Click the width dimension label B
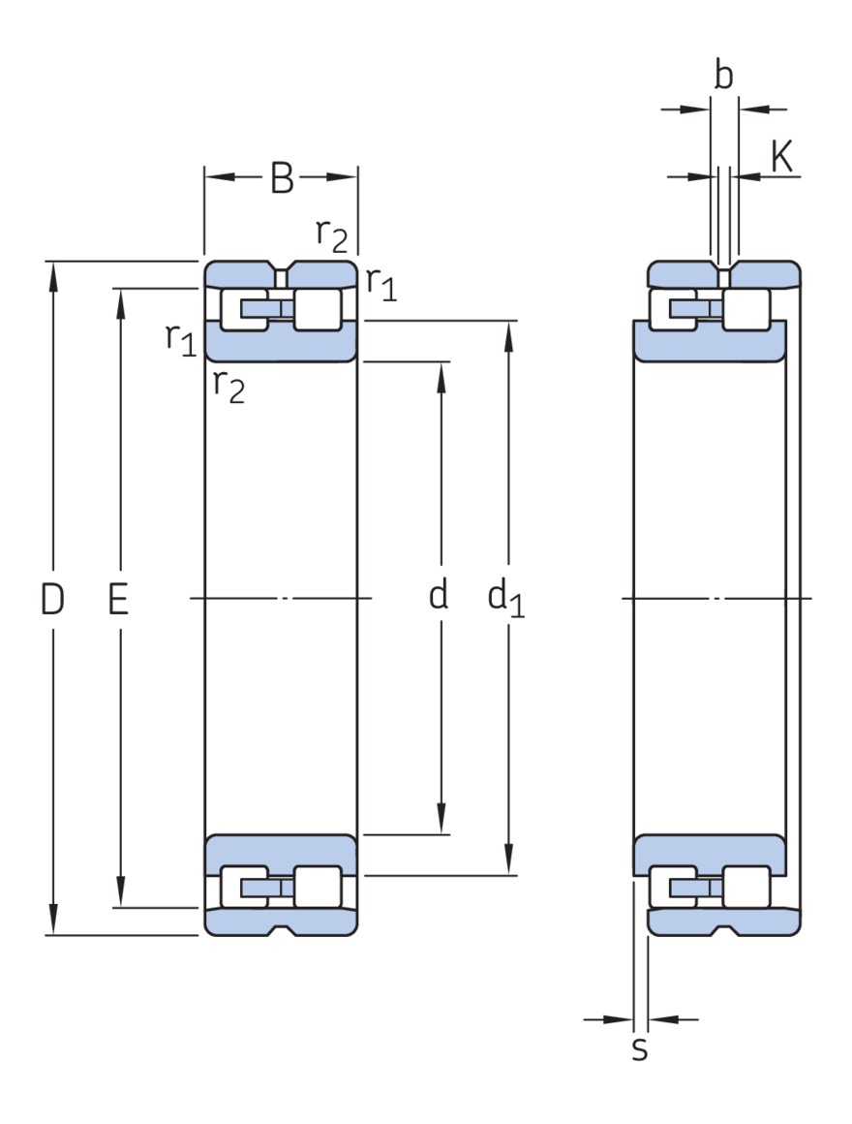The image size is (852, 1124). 281,178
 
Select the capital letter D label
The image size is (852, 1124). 52,601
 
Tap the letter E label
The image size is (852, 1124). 118,601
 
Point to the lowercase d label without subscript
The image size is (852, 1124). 439,596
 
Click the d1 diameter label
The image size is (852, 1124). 505,599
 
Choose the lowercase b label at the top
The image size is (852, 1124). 723,77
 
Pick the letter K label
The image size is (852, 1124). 782,157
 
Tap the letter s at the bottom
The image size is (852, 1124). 639,1049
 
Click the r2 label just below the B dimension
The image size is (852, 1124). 331,234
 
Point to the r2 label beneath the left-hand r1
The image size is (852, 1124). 228,386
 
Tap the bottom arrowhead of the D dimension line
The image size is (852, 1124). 53,921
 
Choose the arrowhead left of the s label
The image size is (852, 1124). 619,1019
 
